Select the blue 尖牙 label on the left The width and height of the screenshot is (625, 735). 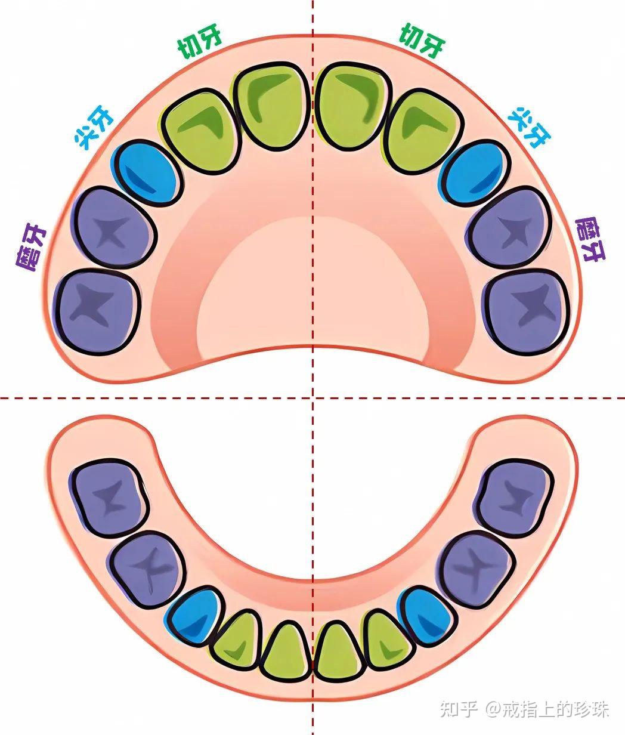[x=94, y=127]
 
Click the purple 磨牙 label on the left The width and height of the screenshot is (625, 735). [x=31, y=248]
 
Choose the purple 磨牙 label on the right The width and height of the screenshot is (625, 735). [x=590, y=239]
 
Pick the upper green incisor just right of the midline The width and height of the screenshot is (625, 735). [x=352, y=107]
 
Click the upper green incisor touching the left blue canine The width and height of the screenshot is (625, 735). [x=200, y=131]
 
